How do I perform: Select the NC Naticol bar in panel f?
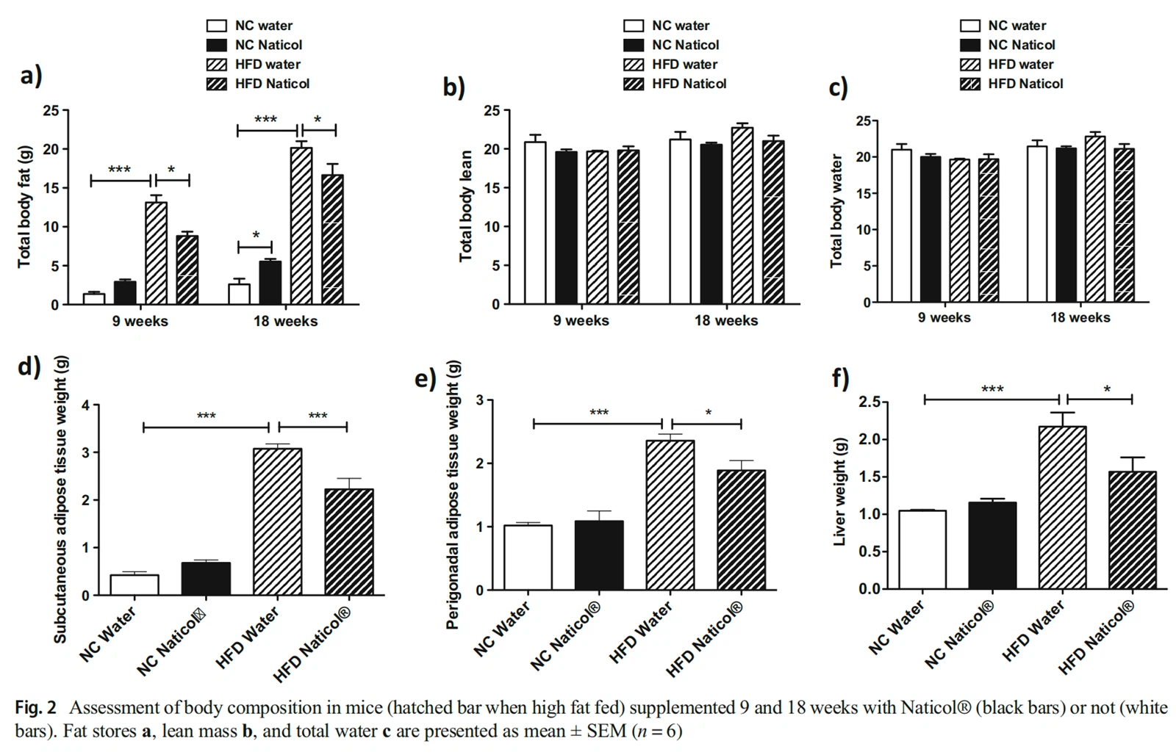coord(992,546)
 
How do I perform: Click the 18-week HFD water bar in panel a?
coord(301,225)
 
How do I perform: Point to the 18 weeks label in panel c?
coord(1080,318)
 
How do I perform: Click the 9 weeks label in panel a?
coord(140,321)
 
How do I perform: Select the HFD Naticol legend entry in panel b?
coord(689,84)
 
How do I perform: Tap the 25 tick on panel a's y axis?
coord(51,111)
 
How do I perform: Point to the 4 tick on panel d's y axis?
coord(86,405)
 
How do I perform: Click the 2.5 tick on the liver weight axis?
coord(870,402)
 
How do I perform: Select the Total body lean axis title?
coord(465,206)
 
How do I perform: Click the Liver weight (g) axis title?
coord(839,492)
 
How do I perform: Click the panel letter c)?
coord(838,87)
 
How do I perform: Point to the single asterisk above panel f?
coord(1106,389)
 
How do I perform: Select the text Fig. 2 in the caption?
coord(35,708)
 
